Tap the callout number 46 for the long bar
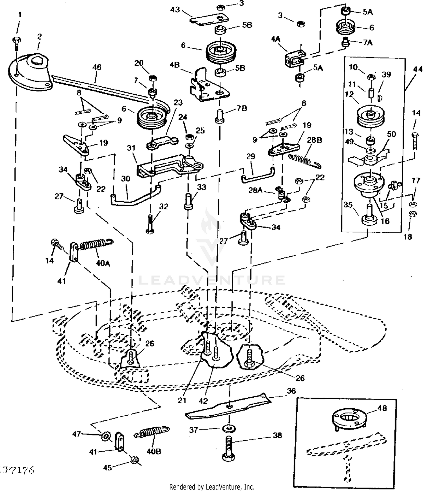[x=97, y=67]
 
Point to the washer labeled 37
[x=230, y=428]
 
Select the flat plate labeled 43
[x=209, y=20]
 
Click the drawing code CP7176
[x=17, y=471]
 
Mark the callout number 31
[x=131, y=148]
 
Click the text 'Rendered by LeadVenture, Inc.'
[x=212, y=487]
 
